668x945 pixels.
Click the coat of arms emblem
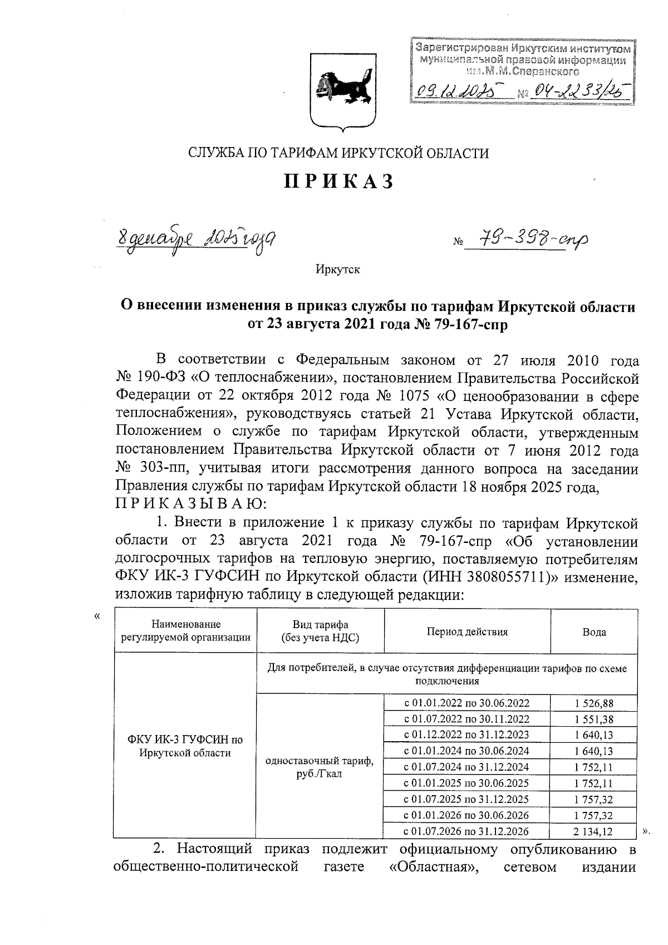pos(339,91)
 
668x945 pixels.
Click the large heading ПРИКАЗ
pos(339,182)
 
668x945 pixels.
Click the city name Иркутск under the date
pos(338,270)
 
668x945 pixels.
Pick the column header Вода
pos(593,631)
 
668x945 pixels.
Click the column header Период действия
pos(466,631)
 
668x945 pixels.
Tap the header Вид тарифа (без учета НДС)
pos(320,631)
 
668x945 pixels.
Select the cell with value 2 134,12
pos(593,831)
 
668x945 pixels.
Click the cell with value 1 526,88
pos(593,703)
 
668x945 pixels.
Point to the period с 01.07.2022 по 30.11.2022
pos(466,719)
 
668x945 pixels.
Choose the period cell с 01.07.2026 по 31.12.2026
pos(466,831)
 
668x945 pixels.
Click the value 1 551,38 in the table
pos(593,719)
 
